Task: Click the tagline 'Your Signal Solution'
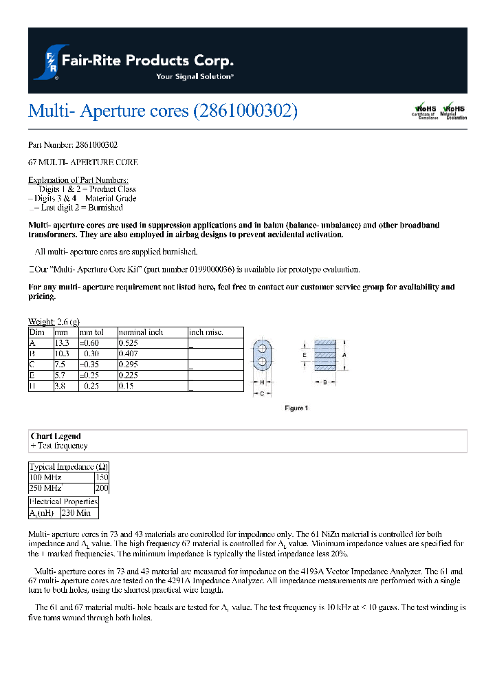pos(195,76)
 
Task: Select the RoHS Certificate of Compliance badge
pos(425,111)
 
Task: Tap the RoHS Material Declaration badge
pos(454,111)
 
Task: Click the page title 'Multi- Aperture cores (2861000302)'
pos(163,111)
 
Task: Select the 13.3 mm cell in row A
pos(62,342)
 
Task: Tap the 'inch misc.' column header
pos(206,332)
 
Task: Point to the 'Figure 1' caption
pos(296,408)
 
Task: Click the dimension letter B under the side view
pos(324,384)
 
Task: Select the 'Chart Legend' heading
pos(56,436)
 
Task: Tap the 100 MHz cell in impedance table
pos(45,477)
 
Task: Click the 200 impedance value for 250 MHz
pos(102,488)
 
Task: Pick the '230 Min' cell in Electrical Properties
pos(76,513)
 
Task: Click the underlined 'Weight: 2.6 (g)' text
pos(54,322)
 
